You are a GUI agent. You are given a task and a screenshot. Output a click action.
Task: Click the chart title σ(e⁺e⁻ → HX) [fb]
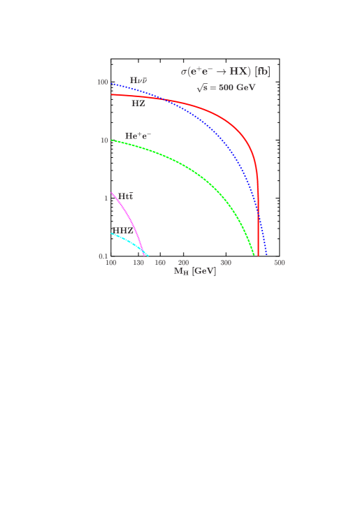225,71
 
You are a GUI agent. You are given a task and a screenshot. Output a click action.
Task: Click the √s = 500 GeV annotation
225,88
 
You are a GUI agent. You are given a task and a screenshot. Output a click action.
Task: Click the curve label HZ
138,103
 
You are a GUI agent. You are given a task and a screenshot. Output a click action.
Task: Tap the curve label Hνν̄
138,80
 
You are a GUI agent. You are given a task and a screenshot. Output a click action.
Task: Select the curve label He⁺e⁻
138,136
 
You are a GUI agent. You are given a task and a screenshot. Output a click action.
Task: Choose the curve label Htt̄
125,196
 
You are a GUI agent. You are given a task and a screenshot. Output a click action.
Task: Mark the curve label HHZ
122,230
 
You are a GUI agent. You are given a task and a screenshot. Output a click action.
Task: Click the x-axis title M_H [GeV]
194,271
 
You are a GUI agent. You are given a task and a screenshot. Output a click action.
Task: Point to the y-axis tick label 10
104,140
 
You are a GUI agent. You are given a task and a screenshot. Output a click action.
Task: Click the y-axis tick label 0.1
103,256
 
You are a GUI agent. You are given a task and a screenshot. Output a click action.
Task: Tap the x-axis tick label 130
139,263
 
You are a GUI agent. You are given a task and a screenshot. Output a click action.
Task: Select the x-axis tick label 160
160,263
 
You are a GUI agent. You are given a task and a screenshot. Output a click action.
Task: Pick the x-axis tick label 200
183,263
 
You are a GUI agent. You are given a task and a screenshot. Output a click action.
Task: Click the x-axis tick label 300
226,263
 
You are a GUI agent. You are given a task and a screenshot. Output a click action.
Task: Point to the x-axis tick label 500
279,263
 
